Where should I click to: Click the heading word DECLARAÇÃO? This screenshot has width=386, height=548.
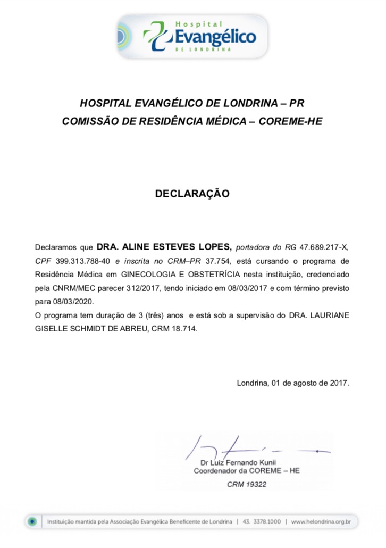(x=192, y=194)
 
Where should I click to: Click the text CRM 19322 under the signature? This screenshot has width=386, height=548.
(x=247, y=485)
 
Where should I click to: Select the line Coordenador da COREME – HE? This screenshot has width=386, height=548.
(x=247, y=471)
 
